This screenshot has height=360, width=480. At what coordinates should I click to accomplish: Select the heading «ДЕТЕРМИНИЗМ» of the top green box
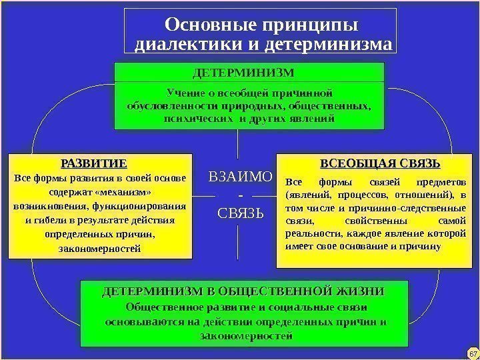249,71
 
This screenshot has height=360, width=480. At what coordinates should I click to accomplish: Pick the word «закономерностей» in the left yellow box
99,249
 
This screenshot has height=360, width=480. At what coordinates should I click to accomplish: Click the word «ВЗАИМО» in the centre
241,177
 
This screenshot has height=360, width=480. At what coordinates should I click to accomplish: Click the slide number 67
470,351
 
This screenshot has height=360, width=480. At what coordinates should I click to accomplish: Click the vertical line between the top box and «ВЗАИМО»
239,147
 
